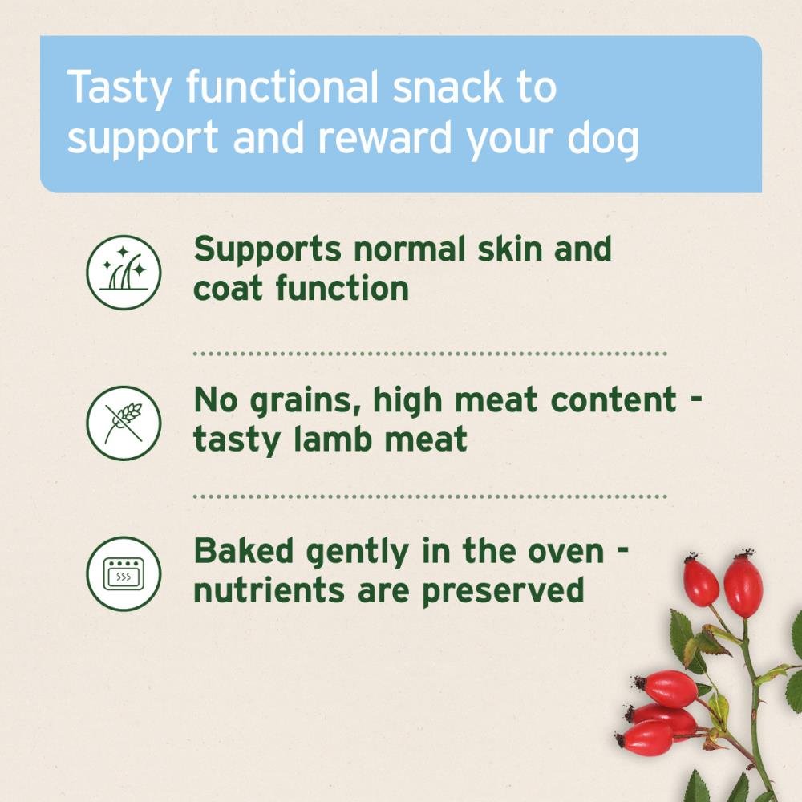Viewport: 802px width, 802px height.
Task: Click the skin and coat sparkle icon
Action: tap(124, 272)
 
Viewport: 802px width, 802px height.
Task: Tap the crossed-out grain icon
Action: tap(124, 423)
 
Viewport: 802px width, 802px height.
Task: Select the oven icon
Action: tap(124, 573)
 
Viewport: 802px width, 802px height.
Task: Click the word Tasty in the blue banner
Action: tap(119, 89)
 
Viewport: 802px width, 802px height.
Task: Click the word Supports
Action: tap(268, 250)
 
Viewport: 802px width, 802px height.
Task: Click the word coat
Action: tap(228, 289)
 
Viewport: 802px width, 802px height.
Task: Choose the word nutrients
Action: tap(269, 591)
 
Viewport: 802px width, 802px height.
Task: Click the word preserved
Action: tap(504, 593)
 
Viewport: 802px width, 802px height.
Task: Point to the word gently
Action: tap(358, 553)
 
